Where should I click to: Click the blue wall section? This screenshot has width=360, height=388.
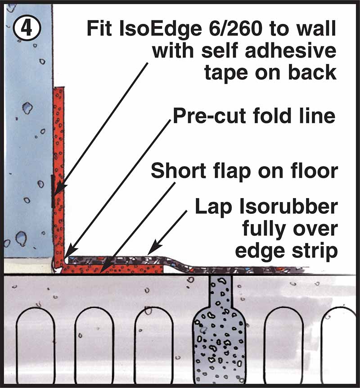click(x=27, y=135)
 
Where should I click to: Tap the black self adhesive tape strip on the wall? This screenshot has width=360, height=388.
click(x=53, y=191)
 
